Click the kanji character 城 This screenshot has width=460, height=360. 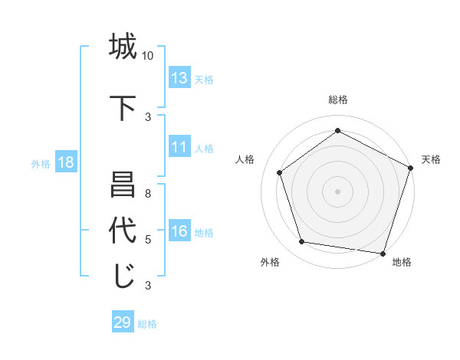pyautogui.click(x=122, y=47)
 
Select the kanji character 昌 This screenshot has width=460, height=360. pyautogui.click(x=122, y=186)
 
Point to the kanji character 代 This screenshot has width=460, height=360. pyautogui.click(x=122, y=231)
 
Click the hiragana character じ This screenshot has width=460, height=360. pyautogui.click(x=122, y=276)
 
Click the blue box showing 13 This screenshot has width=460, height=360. pyautogui.click(x=179, y=78)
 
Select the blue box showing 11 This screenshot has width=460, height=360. pyautogui.click(x=179, y=148)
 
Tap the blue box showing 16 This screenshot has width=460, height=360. pyautogui.click(x=179, y=232)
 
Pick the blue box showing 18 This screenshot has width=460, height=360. pyautogui.click(x=65, y=162)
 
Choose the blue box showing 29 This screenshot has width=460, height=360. pyautogui.click(x=123, y=322)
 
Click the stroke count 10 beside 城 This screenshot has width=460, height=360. pyautogui.click(x=148, y=56)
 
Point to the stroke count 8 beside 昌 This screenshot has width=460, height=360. pyautogui.click(x=148, y=194)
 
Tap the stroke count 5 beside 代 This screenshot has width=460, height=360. pyautogui.click(x=148, y=240)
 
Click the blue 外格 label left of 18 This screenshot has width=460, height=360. pyautogui.click(x=41, y=163)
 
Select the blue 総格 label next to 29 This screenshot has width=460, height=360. pyautogui.click(x=148, y=324)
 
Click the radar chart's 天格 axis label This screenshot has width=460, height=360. pyautogui.click(x=431, y=159)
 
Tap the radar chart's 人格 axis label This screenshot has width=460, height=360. pyautogui.click(x=245, y=159)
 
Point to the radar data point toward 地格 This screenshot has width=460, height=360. pyautogui.click(x=383, y=253)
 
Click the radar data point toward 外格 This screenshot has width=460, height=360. pyautogui.click(x=302, y=242)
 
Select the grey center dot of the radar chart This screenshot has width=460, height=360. pyautogui.click(x=337, y=191)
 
